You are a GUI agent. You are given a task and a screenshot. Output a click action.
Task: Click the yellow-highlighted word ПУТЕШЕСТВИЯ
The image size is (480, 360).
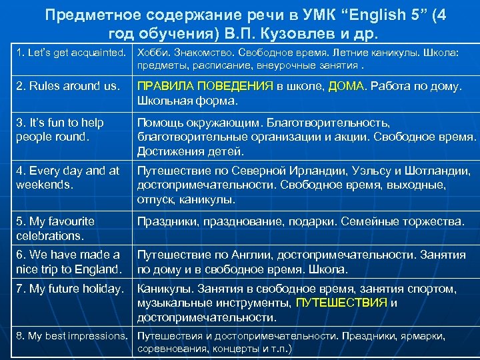[x=341, y=303]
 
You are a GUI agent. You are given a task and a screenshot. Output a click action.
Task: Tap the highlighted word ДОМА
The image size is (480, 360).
[x=346, y=86]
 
